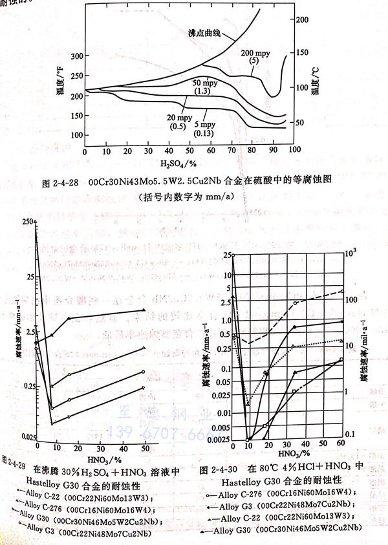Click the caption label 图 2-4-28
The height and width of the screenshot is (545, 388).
pos(61,184)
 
